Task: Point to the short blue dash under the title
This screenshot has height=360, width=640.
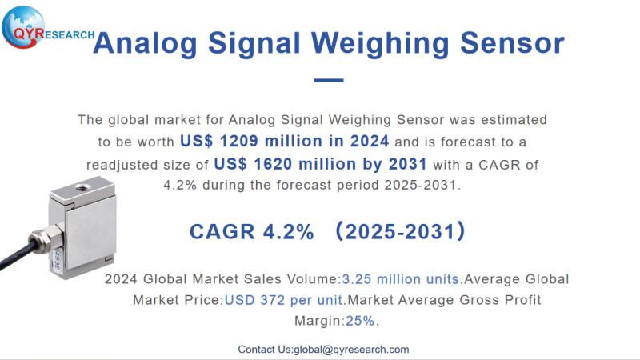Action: pos(328,80)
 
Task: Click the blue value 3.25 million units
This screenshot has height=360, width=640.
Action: pos(401,279)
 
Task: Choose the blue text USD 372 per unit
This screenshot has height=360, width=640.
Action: pos(284,300)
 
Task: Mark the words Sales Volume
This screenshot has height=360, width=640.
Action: pos(299,279)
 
